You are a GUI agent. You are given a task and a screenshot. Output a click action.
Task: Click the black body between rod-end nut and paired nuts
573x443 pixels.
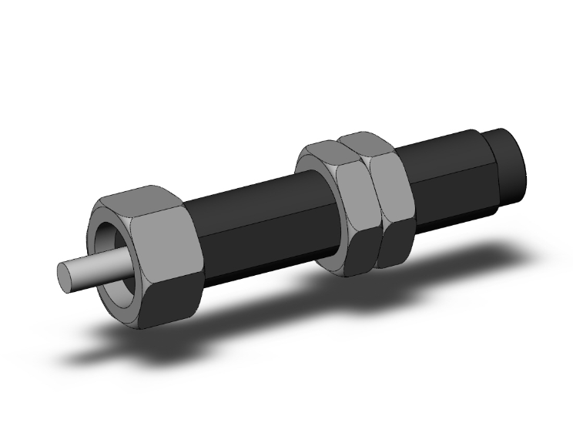[254, 223]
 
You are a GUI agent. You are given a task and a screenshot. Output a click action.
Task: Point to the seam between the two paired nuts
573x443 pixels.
[373, 208]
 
